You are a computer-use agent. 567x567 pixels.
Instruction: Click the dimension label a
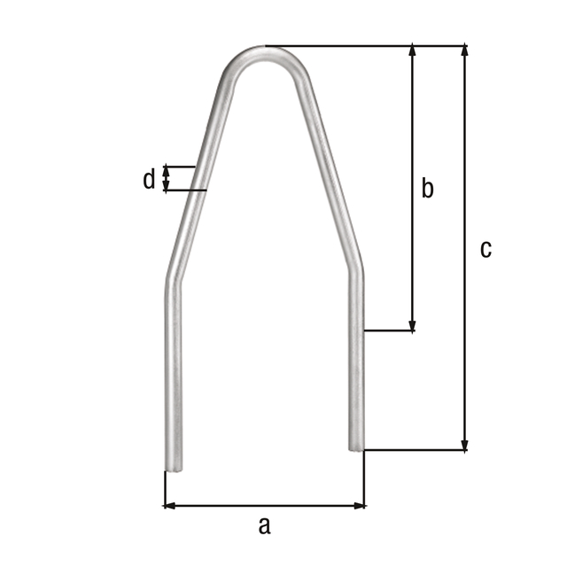click(x=263, y=526)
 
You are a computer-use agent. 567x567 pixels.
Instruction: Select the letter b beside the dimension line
click(x=427, y=188)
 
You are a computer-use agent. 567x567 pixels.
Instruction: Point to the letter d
click(x=149, y=180)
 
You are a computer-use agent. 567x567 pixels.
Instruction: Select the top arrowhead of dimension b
click(x=412, y=51)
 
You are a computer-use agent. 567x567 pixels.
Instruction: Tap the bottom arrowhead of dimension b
click(x=412, y=325)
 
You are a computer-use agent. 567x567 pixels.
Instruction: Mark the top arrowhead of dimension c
click(x=463, y=51)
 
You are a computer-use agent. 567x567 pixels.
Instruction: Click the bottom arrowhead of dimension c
click(x=463, y=445)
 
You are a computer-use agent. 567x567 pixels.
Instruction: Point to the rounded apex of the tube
click(x=267, y=51)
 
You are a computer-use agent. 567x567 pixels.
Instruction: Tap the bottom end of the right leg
click(x=355, y=448)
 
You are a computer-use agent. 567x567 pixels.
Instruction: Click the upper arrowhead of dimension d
click(x=166, y=170)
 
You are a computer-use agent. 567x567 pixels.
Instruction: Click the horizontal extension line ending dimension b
click(x=390, y=331)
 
